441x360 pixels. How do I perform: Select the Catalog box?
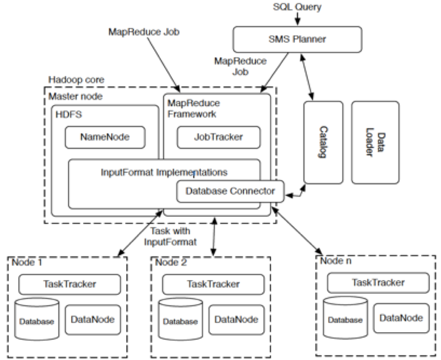(x=323, y=143)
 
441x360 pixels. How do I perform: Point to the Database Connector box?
(x=230, y=191)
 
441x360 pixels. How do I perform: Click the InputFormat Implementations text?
(x=165, y=171)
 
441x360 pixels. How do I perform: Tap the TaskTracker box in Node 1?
(x=69, y=284)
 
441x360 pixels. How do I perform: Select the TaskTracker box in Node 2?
(x=213, y=284)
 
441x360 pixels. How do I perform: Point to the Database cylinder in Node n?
(x=345, y=319)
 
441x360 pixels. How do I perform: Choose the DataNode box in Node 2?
(x=234, y=318)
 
